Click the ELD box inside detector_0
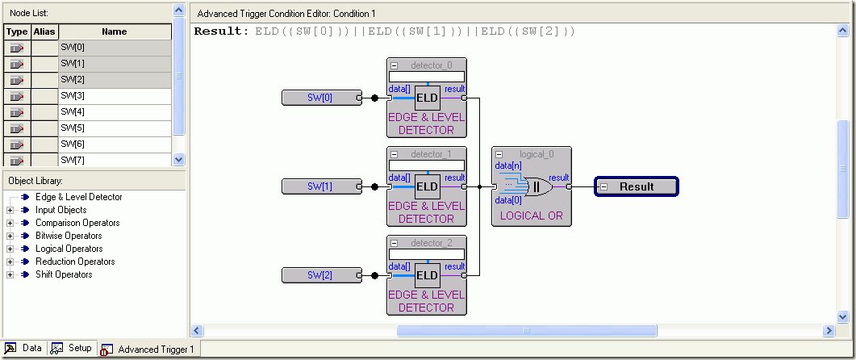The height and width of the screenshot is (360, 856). pyautogui.click(x=427, y=98)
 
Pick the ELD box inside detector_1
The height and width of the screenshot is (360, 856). pyautogui.click(x=427, y=186)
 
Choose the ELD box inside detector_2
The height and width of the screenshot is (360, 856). pyautogui.click(x=427, y=275)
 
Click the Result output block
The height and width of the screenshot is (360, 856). pyautogui.click(x=637, y=186)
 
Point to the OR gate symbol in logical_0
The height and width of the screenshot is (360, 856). pyautogui.click(x=536, y=187)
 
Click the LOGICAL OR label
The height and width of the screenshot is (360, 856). pyautogui.click(x=530, y=216)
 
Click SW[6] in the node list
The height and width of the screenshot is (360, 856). pyautogui.click(x=73, y=144)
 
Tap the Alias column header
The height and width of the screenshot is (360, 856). pyautogui.click(x=44, y=32)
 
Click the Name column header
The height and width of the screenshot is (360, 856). pyautogui.click(x=115, y=32)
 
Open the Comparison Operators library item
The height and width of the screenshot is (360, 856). pyautogui.click(x=77, y=223)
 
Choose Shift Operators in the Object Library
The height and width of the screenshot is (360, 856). pyautogui.click(x=64, y=274)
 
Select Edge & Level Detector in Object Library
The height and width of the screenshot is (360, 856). pyautogui.click(x=79, y=197)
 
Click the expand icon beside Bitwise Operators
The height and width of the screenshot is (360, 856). pyautogui.click(x=10, y=236)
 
